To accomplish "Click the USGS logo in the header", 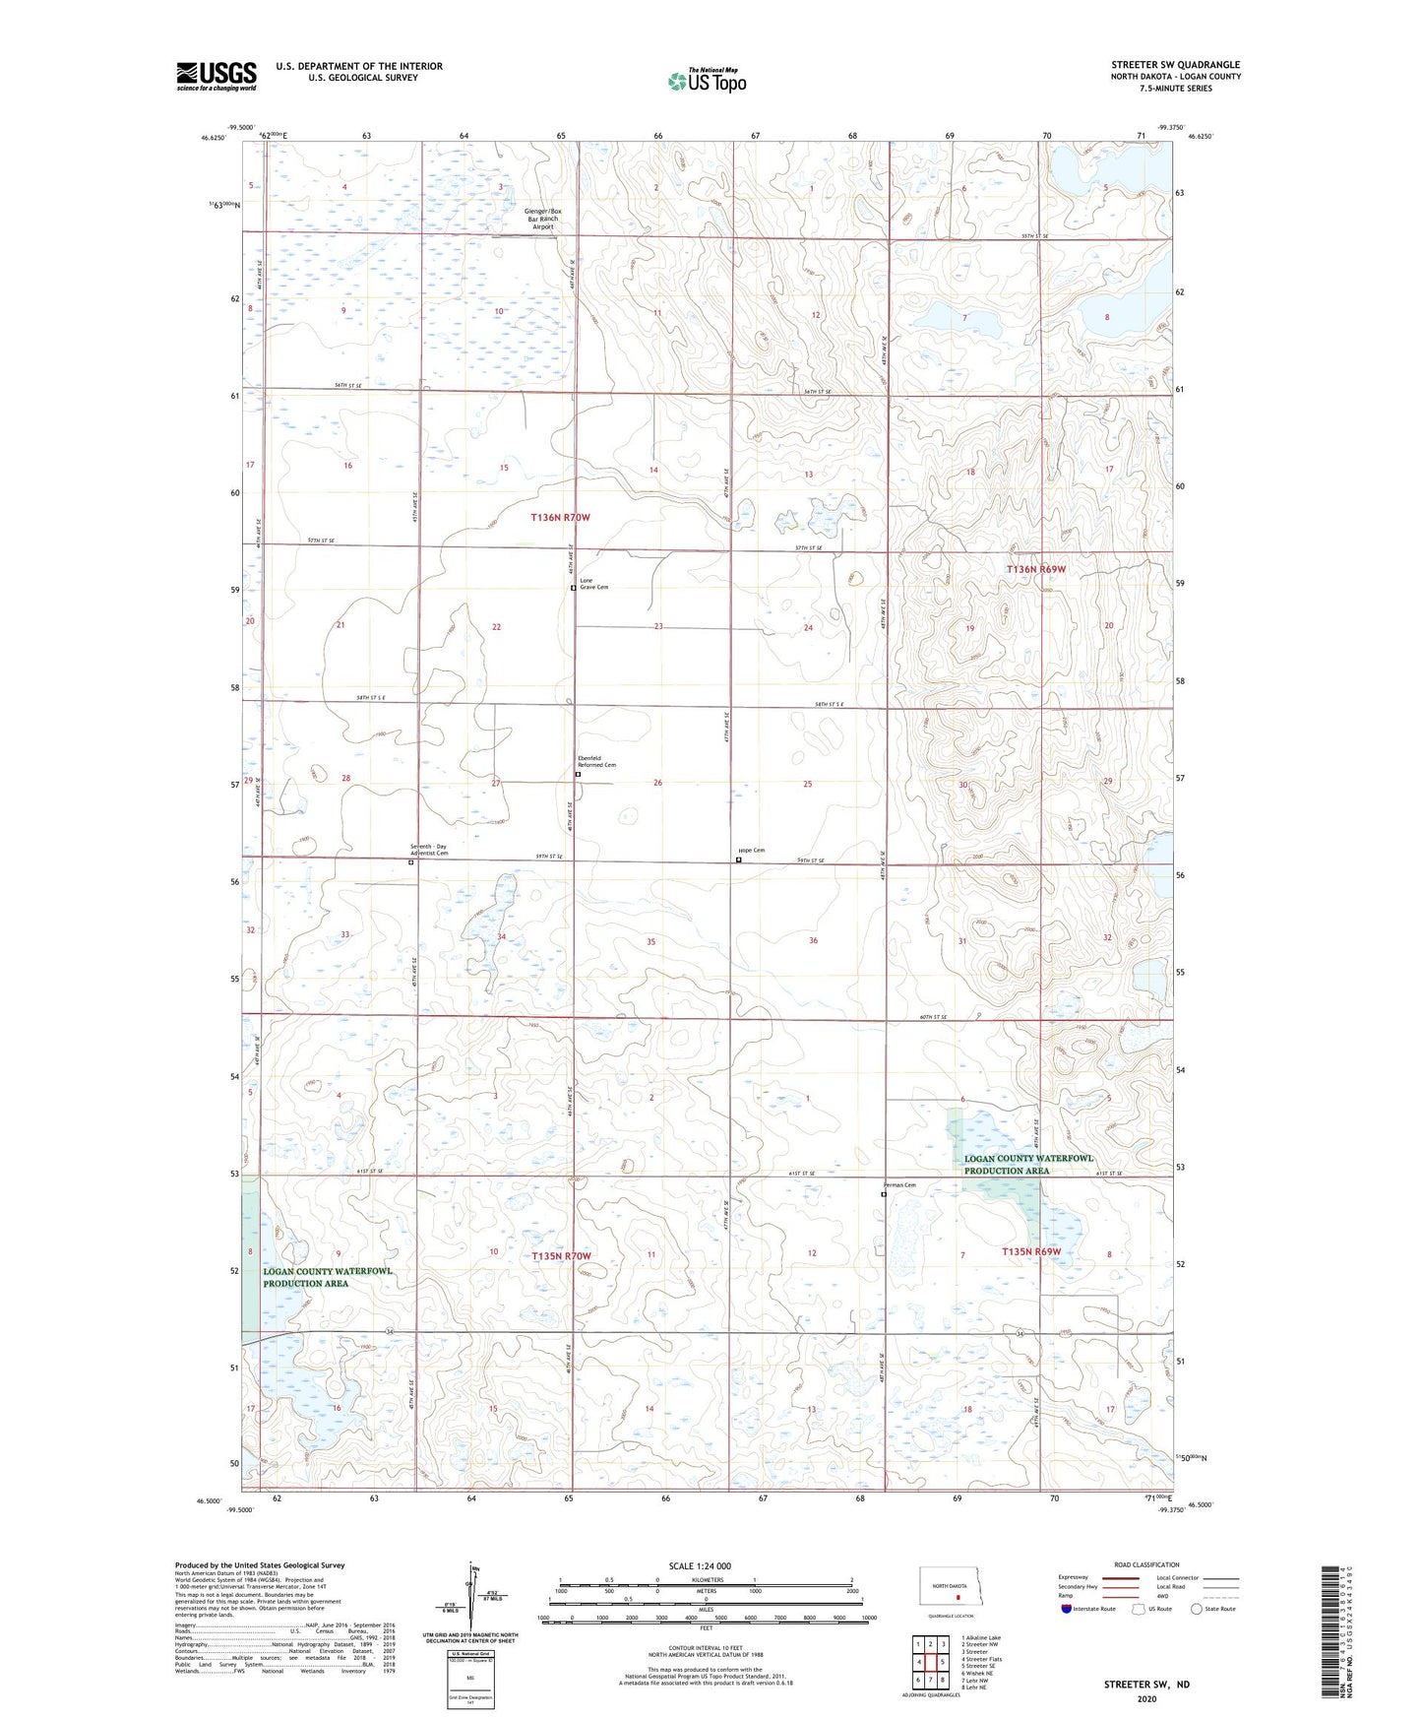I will click(216, 76).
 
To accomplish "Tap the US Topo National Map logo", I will click(707, 81).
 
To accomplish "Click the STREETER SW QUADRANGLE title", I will click(1175, 65).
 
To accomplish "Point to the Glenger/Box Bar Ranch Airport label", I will click(543, 219).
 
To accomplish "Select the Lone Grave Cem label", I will click(593, 584).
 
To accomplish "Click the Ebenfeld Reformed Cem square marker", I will click(579, 775).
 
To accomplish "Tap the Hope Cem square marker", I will click(739, 860).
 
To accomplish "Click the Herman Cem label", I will click(899, 1185).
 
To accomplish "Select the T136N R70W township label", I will click(560, 517).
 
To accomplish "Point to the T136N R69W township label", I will click(1035, 569).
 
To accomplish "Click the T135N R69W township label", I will click(1031, 1251).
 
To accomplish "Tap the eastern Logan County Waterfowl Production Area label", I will click(1028, 1165).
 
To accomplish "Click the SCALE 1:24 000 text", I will click(700, 1566).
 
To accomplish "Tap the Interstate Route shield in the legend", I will click(1067, 1609).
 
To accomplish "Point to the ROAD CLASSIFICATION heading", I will click(1146, 1564).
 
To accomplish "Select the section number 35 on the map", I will click(650, 942).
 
